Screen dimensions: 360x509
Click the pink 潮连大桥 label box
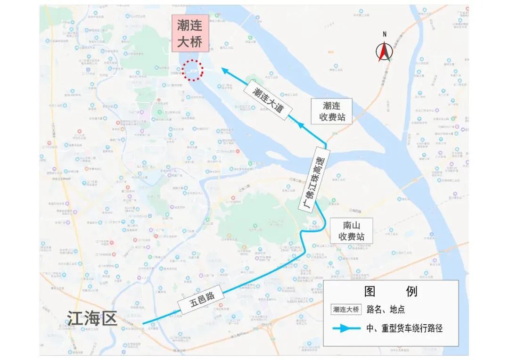tap(189, 34)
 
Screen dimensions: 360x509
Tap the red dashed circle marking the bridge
tap(192, 71)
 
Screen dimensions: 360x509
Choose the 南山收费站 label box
tap(351, 230)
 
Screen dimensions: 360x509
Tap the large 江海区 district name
tap(91, 319)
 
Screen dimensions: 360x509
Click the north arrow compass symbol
tap(384, 52)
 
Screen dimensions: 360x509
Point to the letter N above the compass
tap(385, 34)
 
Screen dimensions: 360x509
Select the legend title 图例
tap(391, 292)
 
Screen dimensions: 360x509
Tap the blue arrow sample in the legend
tap(346, 328)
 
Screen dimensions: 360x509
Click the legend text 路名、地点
tap(389, 310)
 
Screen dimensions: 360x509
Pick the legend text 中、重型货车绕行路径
tap(404, 328)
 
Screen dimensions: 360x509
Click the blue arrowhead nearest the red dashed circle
tap(226, 71)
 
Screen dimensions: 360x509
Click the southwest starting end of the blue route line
tap(143, 323)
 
